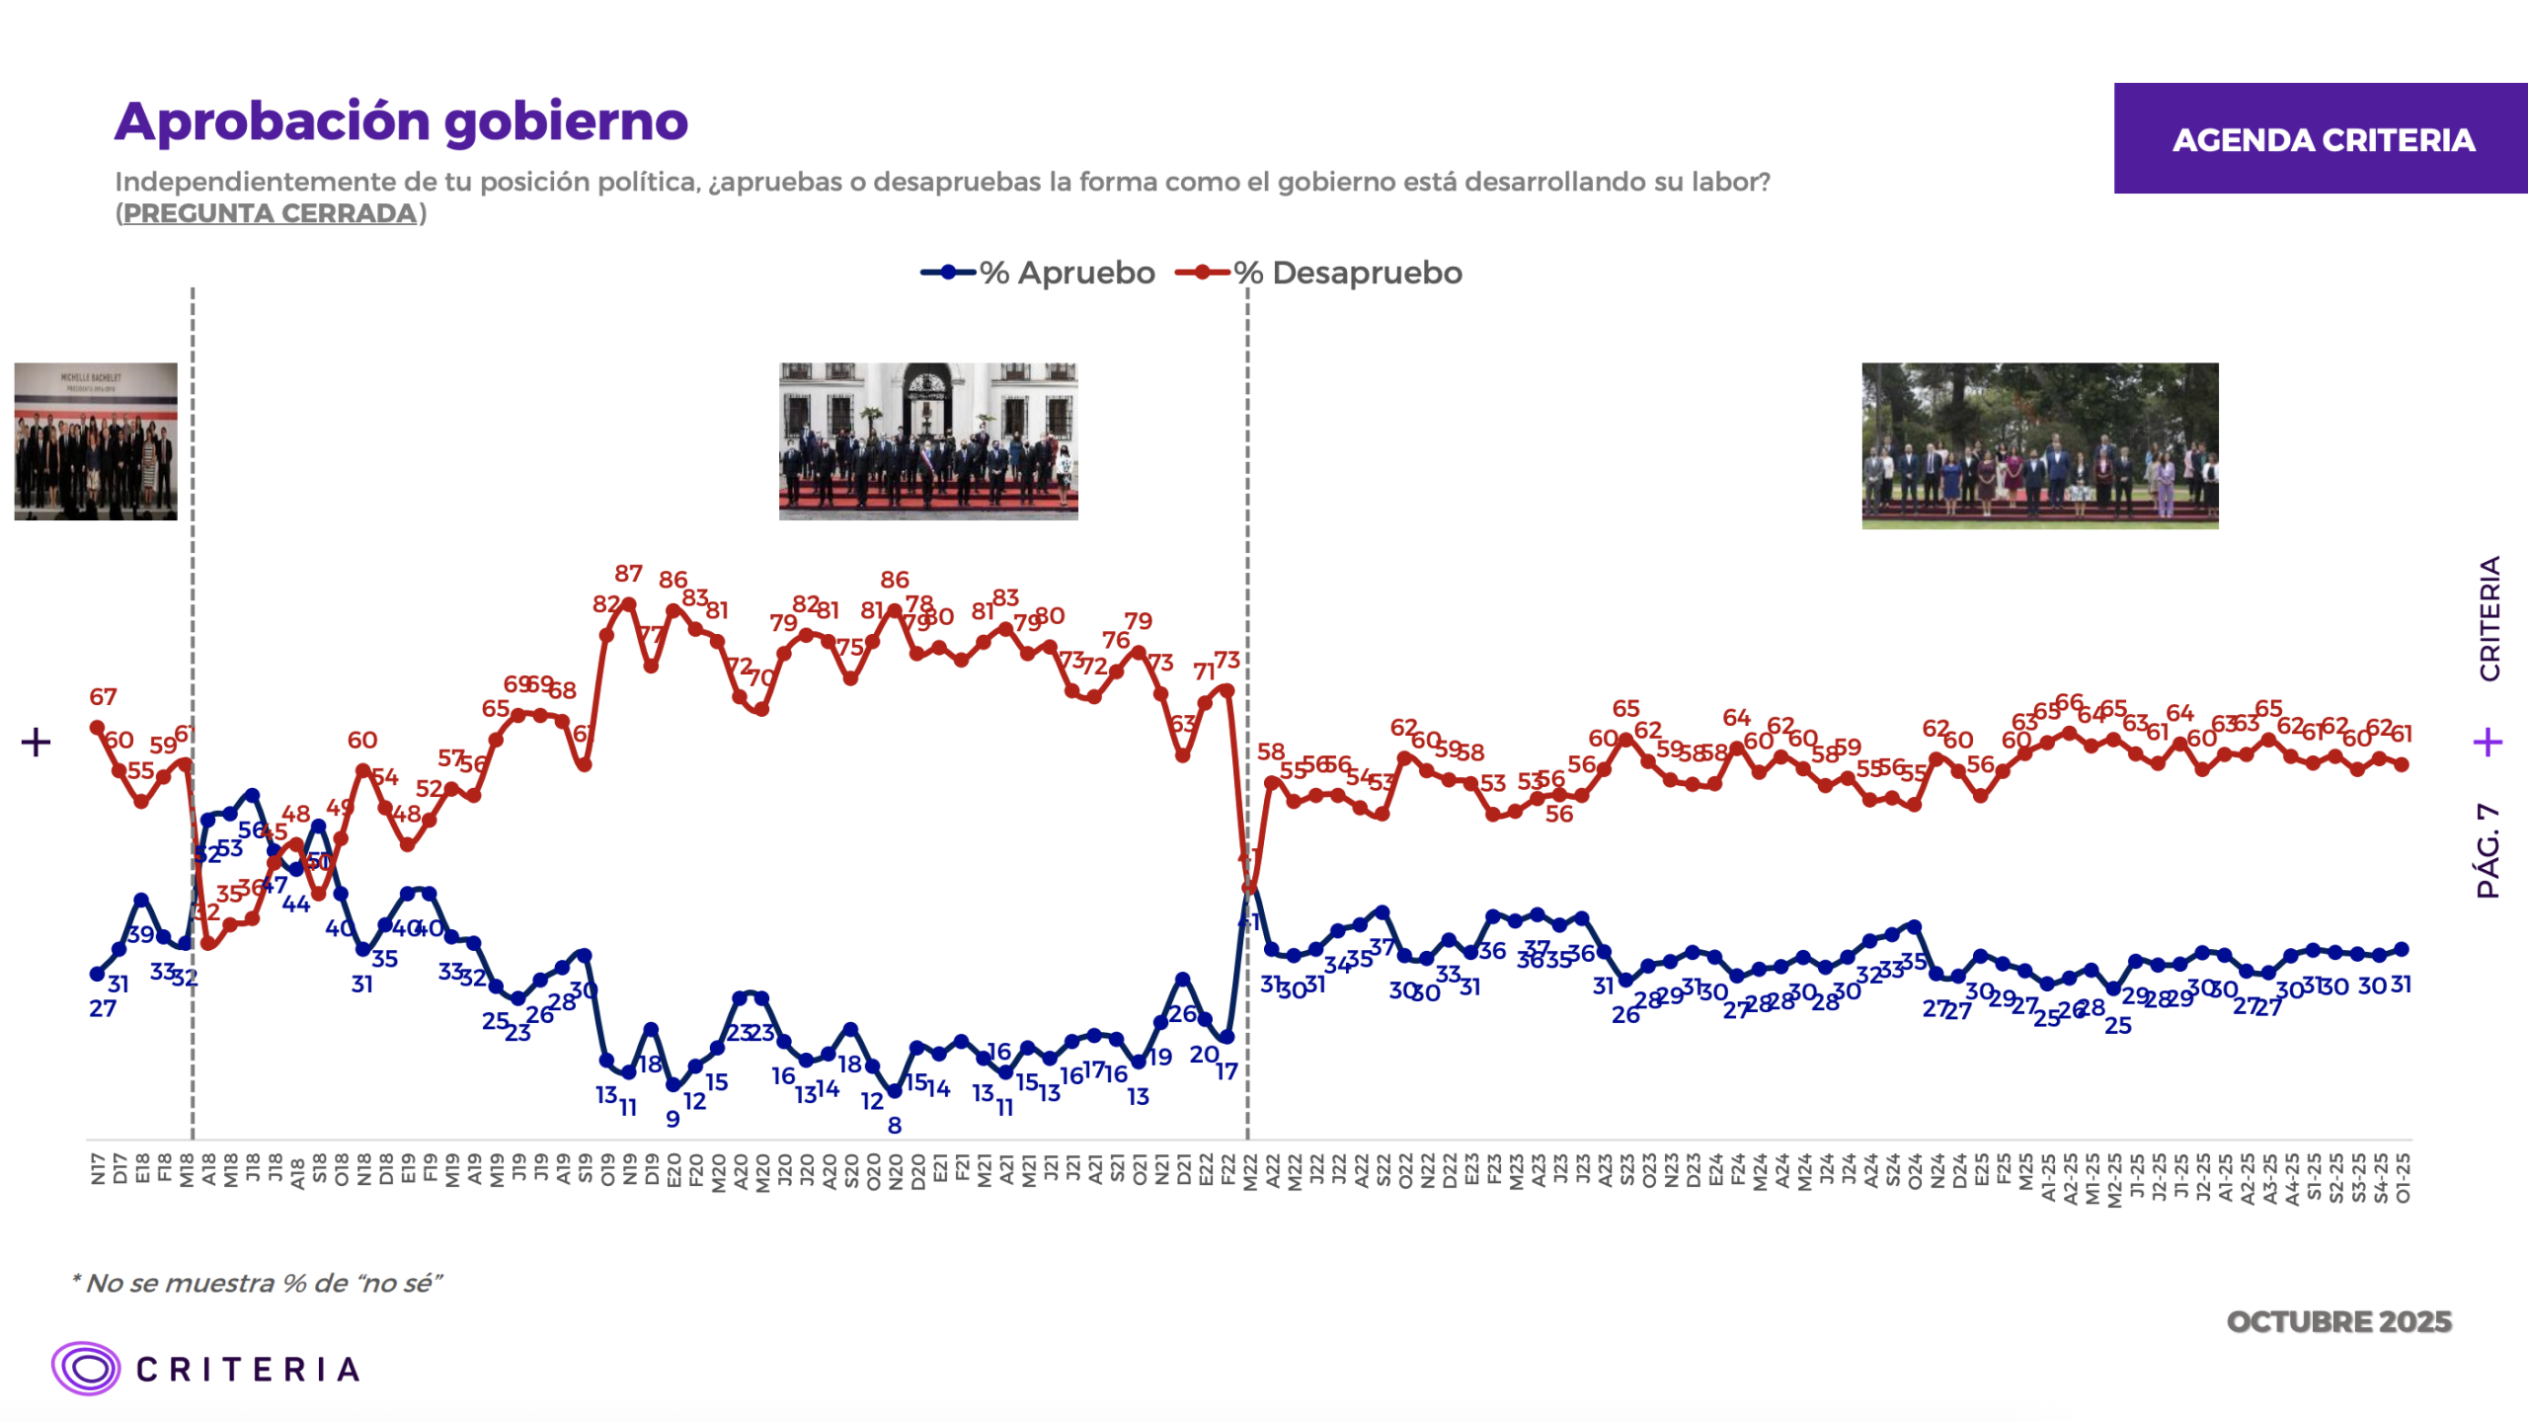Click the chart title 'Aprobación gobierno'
[x=401, y=122]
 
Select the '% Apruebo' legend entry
[x=1038, y=273]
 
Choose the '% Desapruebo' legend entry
[x=1319, y=273]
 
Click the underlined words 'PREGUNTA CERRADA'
[x=270, y=213]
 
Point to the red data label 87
[x=628, y=574]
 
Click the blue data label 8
[x=895, y=1125]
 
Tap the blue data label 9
[x=672, y=1119]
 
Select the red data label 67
[x=103, y=697]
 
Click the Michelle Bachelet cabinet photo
[x=96, y=441]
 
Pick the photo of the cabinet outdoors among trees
[x=2039, y=445]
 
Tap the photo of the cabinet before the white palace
[x=928, y=441]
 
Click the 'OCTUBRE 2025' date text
[x=2338, y=1321]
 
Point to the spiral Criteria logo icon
[x=86, y=1368]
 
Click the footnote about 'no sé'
[x=257, y=1283]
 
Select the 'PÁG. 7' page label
[x=2488, y=851]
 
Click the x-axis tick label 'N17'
[x=97, y=1168]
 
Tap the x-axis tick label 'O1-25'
[x=2403, y=1177]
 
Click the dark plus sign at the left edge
[x=36, y=743]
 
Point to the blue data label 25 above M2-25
[x=2117, y=1026]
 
